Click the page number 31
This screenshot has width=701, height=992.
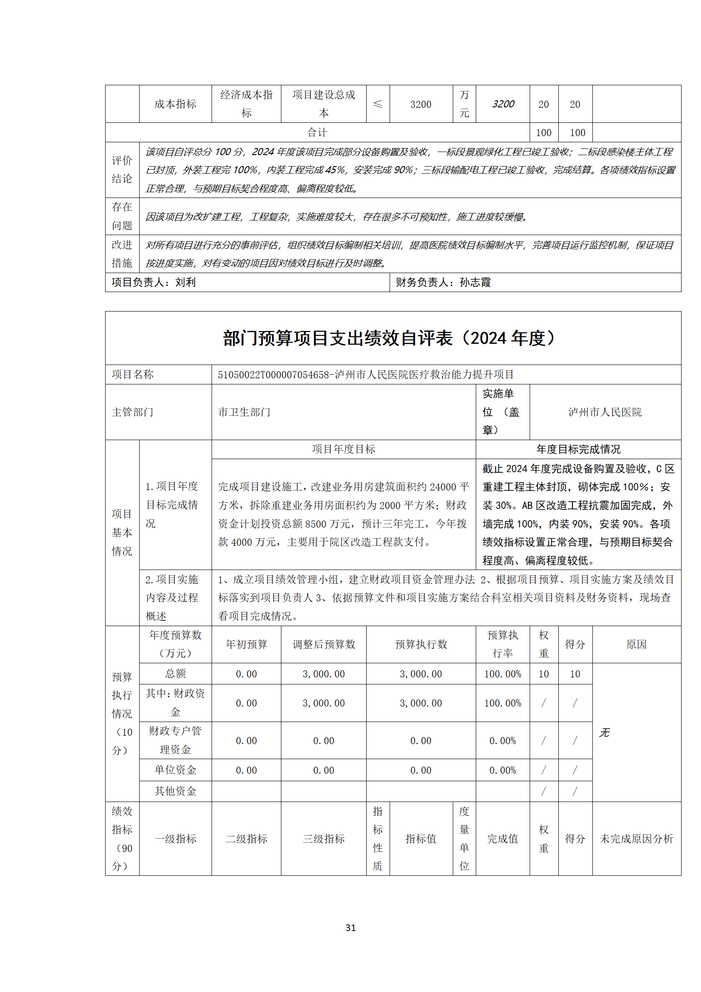click(x=350, y=927)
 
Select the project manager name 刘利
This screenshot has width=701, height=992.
click(x=186, y=282)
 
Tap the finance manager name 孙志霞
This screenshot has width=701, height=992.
click(x=475, y=282)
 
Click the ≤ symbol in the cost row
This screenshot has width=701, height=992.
click(x=378, y=104)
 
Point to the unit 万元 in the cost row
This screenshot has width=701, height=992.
click(x=464, y=104)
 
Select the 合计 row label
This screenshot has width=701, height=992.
click(x=317, y=133)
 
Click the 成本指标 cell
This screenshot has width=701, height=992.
click(x=175, y=104)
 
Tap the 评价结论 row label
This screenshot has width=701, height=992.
click(x=122, y=170)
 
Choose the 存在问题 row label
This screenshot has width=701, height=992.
click(x=122, y=216)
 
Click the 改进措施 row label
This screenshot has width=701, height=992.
click(x=122, y=254)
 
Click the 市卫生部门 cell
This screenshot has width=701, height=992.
click(x=244, y=412)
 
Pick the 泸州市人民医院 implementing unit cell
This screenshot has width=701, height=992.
click(x=605, y=412)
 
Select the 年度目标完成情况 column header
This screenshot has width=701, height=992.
click(x=578, y=449)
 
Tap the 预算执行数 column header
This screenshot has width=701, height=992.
click(x=421, y=645)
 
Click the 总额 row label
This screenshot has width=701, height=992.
click(x=175, y=674)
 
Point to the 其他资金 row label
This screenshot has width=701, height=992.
click(x=175, y=791)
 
